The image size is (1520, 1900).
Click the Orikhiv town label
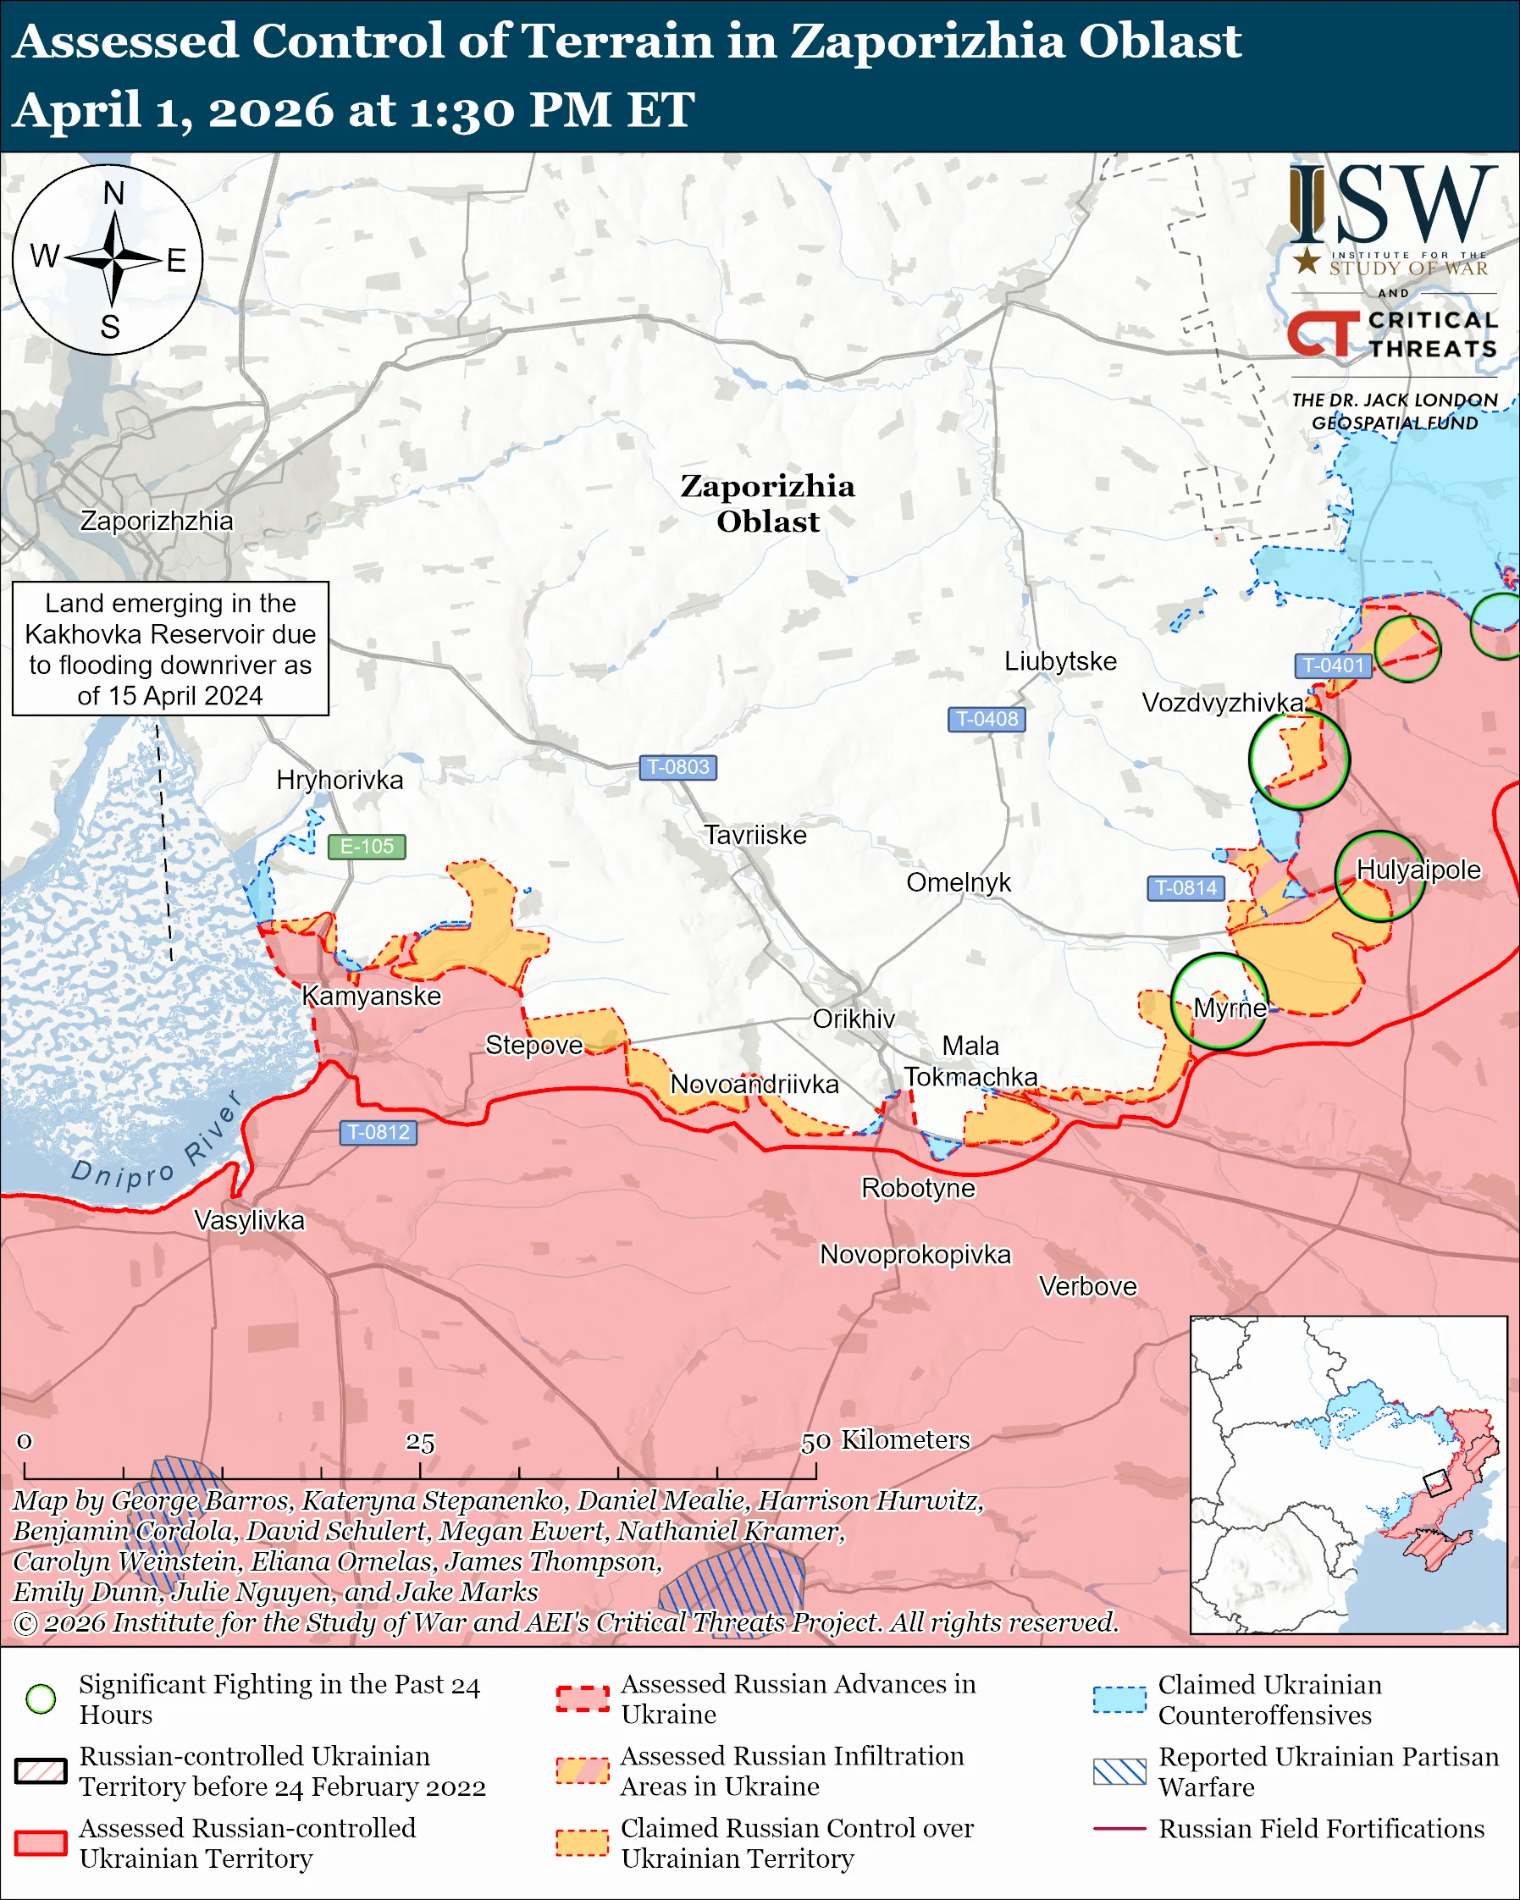tap(853, 1019)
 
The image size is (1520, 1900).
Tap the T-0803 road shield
tap(677, 767)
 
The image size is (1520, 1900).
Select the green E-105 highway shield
tap(367, 846)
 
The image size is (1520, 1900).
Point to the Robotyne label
tap(917, 1188)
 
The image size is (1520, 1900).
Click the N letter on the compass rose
tap(113, 193)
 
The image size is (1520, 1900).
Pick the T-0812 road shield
tap(378, 1132)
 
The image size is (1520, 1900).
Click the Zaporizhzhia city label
tap(157, 521)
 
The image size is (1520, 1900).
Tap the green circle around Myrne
tap(1219, 1001)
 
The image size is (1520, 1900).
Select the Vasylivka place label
tap(248, 1221)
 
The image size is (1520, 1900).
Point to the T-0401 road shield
tap(1332, 666)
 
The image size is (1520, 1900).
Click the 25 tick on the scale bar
tap(420, 1443)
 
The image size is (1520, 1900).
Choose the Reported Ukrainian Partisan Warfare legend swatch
tap(1119, 1771)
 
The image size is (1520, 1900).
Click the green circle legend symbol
tap(41, 1698)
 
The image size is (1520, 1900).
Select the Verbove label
tap(1087, 1287)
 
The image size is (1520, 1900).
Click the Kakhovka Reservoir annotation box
tap(170, 649)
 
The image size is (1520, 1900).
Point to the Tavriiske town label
tap(754, 835)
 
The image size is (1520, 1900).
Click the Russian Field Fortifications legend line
tap(1119, 1829)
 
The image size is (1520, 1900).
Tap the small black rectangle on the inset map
tap(1436, 1483)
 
